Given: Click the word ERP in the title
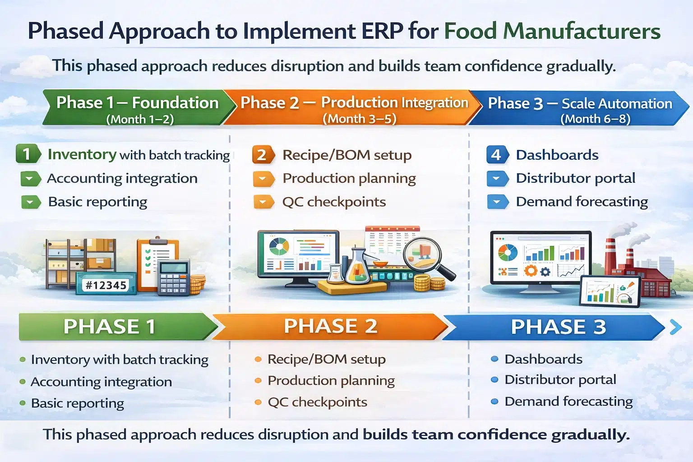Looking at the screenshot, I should pos(383,31).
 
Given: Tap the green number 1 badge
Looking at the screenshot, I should pos(28,154).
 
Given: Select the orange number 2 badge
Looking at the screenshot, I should pos(263,155).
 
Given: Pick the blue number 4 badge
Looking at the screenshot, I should pos(497,155).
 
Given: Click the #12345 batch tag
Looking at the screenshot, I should pos(106,285).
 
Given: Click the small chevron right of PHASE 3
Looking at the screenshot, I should pos(675,327).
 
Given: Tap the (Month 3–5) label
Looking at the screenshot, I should pos(359,119).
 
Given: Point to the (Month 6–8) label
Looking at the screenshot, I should pos(595,119).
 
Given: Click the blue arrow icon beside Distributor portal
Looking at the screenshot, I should pos(496,178).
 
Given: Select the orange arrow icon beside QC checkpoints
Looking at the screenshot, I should pos(263,202).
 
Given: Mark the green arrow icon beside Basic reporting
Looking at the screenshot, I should pos(30,202).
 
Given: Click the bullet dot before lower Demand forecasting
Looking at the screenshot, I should pos(494,401).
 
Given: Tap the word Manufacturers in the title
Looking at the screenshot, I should pos(582,31).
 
